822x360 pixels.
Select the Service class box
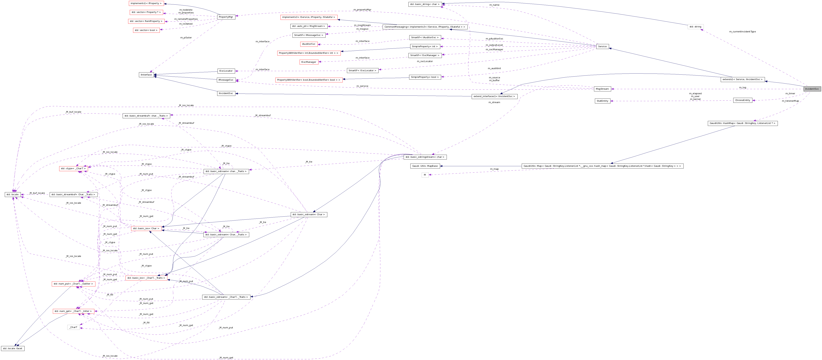tap(602, 47)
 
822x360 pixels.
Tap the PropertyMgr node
tap(226, 17)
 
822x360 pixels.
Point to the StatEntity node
tap(602, 101)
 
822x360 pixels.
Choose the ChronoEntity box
tap(742, 100)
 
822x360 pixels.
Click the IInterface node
tap(146, 75)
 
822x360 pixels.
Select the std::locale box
tap(13, 194)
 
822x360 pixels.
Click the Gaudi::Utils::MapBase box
tap(425, 166)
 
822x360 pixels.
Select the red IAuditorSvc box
tap(309, 44)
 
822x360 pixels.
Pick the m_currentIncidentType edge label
tap(742, 32)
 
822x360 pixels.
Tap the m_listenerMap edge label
tap(790, 101)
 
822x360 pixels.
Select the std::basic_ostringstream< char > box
tap(425, 157)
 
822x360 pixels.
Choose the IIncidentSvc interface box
tap(226, 94)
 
